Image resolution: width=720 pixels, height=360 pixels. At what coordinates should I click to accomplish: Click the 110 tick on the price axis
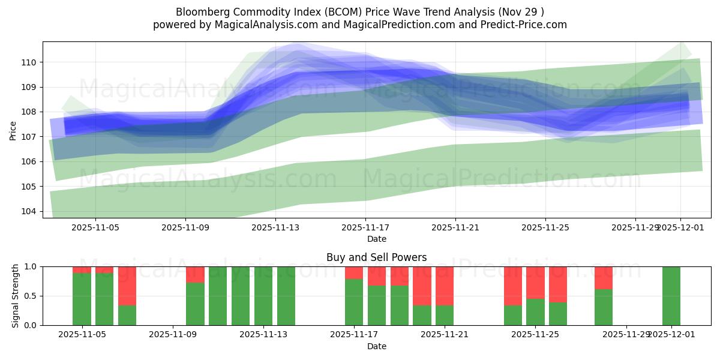pyautogui.click(x=29, y=62)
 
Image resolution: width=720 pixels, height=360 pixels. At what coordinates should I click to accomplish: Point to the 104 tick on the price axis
pyautogui.click(x=29, y=211)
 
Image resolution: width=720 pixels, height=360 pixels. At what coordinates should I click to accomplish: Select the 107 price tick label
pyautogui.click(x=29, y=137)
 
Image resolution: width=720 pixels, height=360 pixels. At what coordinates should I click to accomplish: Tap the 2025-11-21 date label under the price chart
pyautogui.click(x=455, y=227)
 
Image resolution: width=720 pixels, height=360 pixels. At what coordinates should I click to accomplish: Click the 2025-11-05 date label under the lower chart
pyautogui.click(x=82, y=335)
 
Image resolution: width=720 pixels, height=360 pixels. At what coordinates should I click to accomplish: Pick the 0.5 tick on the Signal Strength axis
pyautogui.click(x=31, y=296)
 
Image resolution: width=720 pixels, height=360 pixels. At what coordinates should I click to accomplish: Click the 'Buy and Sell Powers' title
pyautogui.click(x=376, y=257)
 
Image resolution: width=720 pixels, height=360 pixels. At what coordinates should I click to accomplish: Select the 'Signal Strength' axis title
pyautogui.click(x=16, y=296)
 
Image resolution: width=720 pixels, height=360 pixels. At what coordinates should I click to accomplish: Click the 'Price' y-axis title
pyautogui.click(x=13, y=130)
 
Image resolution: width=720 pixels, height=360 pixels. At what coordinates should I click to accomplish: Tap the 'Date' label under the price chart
pyautogui.click(x=376, y=239)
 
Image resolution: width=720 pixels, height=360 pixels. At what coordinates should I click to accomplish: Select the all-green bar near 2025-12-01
pyautogui.click(x=671, y=296)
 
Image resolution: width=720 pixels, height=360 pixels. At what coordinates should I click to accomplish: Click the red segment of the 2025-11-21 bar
pyautogui.click(x=445, y=286)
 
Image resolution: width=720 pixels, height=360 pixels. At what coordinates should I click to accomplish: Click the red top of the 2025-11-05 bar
pyautogui.click(x=82, y=269)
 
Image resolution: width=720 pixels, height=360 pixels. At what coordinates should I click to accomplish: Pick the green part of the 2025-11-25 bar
pyautogui.click(x=535, y=312)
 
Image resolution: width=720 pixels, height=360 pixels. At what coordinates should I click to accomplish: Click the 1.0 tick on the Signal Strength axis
pyautogui.click(x=31, y=266)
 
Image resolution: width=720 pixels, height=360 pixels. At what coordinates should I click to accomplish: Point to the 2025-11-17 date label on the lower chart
pyautogui.click(x=353, y=335)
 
